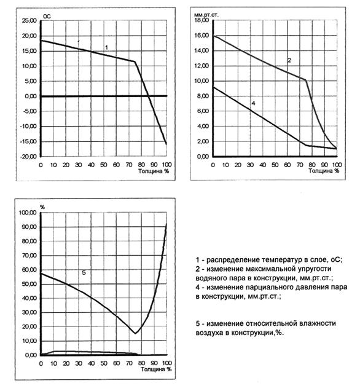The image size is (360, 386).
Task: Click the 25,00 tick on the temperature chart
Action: tap(29, 21)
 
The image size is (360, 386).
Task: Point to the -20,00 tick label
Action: tap(28, 157)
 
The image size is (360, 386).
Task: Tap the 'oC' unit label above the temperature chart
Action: tap(47, 16)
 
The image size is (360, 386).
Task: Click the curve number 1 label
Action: tap(106, 47)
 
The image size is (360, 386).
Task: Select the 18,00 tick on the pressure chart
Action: tap(202, 20)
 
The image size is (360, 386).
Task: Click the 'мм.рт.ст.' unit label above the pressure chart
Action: tap(206, 15)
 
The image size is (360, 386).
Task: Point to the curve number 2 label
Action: tap(289, 60)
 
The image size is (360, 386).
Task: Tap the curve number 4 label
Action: tap(253, 103)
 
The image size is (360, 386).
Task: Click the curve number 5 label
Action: tap(84, 272)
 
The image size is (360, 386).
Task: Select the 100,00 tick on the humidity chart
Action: tap(28, 213)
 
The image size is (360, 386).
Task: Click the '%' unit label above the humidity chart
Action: tap(42, 207)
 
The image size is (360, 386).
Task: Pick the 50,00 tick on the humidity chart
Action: tap(29, 284)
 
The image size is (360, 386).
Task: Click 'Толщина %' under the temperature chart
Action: tap(154, 171)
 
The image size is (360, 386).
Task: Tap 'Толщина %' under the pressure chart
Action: tap(324, 171)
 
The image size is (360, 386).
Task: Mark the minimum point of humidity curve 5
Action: tap(135, 334)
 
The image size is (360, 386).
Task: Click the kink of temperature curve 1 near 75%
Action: tap(135, 61)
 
